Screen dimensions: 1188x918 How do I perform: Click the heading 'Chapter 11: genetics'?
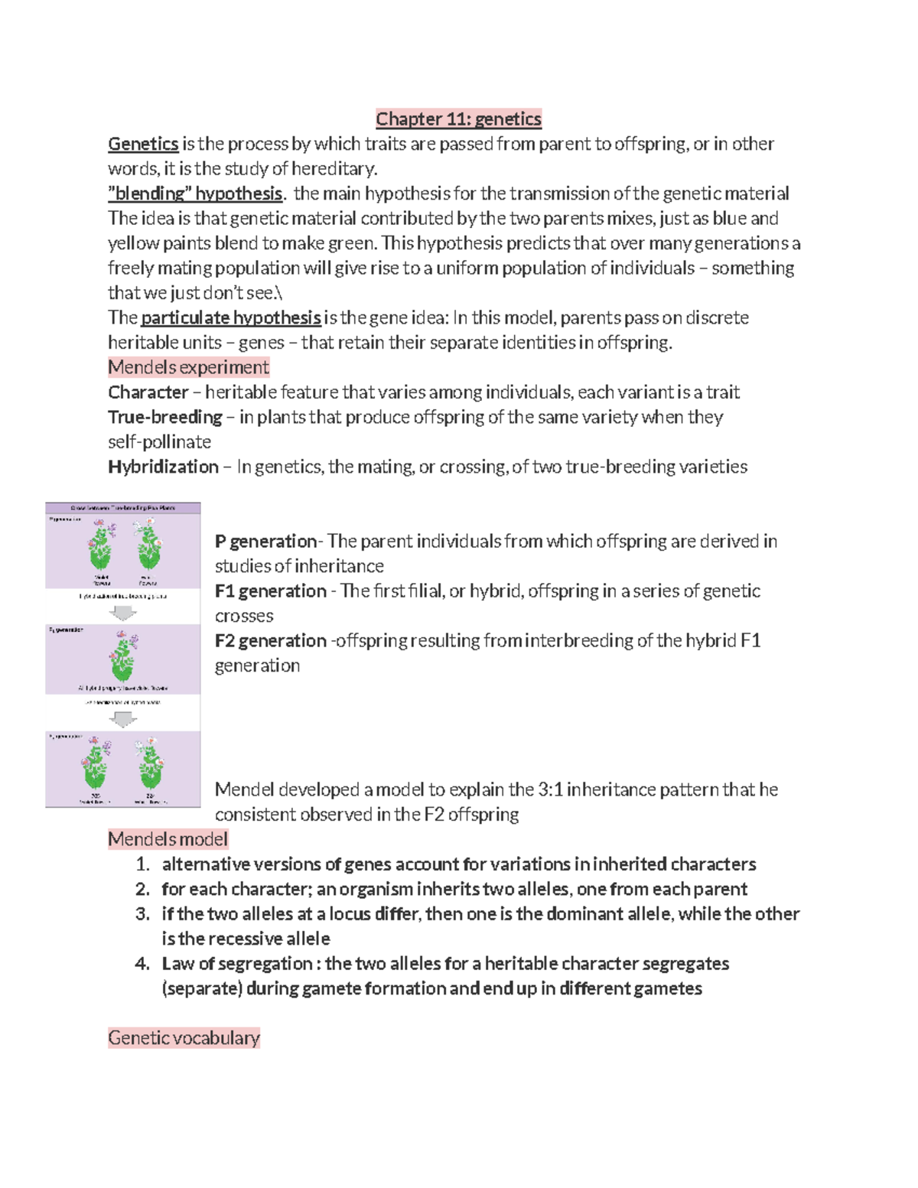click(x=458, y=119)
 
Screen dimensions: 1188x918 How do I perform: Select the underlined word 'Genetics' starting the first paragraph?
click(x=143, y=144)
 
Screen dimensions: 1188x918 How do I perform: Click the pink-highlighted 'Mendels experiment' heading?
click(x=188, y=367)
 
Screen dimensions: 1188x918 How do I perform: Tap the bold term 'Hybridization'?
click(x=163, y=467)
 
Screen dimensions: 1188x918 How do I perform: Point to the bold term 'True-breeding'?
click(x=165, y=417)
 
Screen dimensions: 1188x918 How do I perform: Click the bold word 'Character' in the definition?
click(x=148, y=392)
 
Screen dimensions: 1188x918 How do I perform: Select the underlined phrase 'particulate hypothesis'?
click(x=231, y=317)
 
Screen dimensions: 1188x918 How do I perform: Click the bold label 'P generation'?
click(x=265, y=542)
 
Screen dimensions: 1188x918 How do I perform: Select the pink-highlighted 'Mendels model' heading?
click(x=168, y=839)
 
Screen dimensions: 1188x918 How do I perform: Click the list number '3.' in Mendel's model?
click(x=142, y=914)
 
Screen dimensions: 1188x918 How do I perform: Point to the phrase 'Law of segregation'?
click(x=236, y=964)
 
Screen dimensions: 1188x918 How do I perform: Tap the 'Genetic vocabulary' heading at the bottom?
click(x=184, y=1038)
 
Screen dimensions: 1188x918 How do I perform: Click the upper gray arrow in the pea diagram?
click(x=123, y=613)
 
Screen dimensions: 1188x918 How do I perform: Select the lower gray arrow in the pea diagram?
click(x=123, y=718)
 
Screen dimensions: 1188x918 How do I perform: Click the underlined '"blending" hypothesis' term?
click(x=195, y=194)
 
